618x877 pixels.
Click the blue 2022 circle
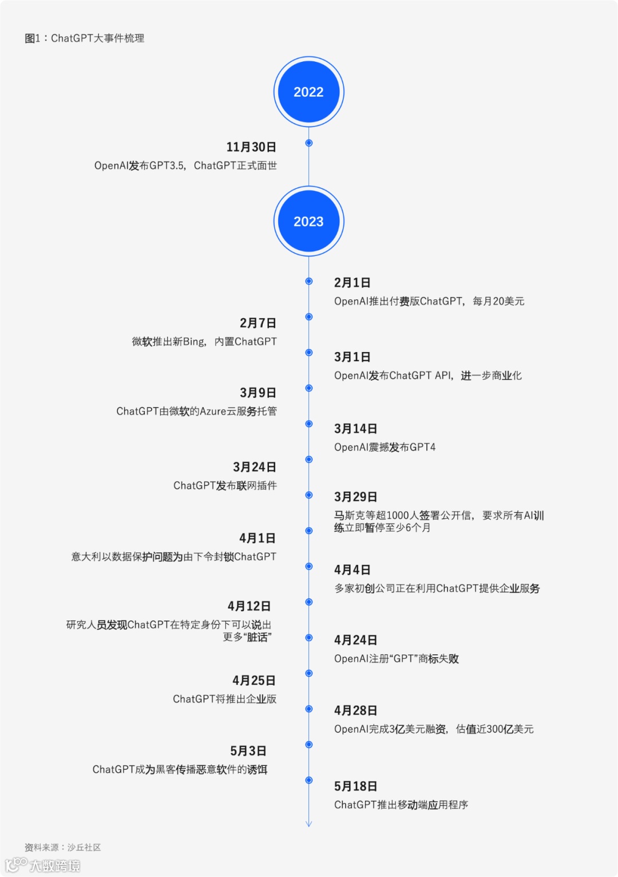coord(308,92)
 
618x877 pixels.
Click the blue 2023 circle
coord(308,222)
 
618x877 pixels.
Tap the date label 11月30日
coord(251,147)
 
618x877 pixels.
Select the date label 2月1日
coord(352,283)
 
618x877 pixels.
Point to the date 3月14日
coord(355,429)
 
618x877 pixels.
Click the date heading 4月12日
coord(249,606)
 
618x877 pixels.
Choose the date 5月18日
coord(355,787)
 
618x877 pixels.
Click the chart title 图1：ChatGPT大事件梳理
coord(85,38)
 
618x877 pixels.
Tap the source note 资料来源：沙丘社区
coord(62,847)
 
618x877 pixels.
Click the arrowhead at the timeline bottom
coord(308,824)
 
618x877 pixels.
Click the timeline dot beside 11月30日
coord(309,143)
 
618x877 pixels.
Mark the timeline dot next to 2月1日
coord(309,281)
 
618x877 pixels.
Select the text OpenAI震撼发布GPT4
coord(385,447)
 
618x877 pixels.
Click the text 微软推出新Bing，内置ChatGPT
coord(204,342)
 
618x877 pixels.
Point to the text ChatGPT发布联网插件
coord(225,485)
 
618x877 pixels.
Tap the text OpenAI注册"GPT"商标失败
coord(396,659)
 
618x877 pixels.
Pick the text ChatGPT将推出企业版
coord(224,699)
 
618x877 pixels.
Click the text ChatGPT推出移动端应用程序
coord(401,805)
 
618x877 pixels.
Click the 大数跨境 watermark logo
coord(43,865)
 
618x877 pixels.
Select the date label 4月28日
coord(355,710)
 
